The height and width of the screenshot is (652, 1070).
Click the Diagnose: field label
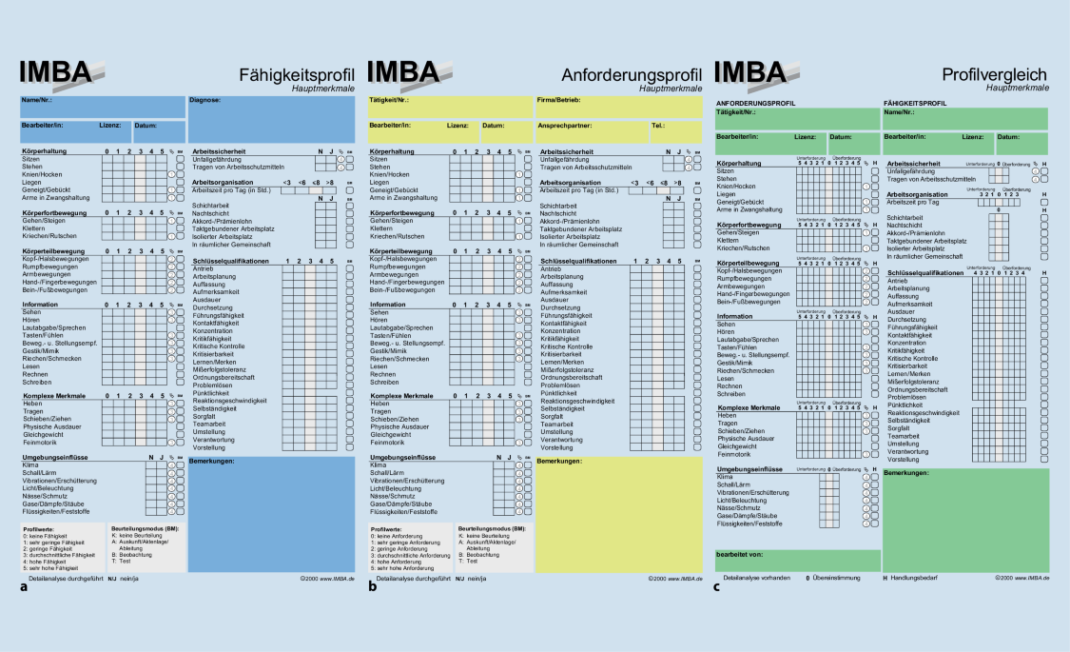tap(205, 99)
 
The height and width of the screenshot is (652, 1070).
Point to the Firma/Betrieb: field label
tap(559, 99)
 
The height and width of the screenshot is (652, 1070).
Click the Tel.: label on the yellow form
tap(658, 125)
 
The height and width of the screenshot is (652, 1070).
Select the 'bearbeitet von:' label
tap(743, 553)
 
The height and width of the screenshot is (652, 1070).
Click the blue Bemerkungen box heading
tap(213, 461)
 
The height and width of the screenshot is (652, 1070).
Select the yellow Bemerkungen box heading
tap(561, 461)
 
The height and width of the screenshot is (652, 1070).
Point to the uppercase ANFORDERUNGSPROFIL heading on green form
tap(757, 102)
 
